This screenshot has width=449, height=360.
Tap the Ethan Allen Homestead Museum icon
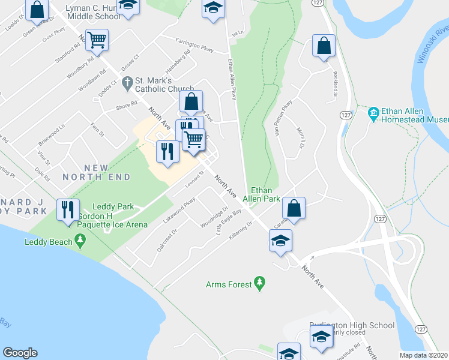(x=373, y=112)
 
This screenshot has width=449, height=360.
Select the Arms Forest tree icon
(x=259, y=281)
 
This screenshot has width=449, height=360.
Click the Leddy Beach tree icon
(x=79, y=242)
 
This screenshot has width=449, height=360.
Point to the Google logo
(x=20, y=353)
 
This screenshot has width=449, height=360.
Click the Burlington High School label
(x=352, y=326)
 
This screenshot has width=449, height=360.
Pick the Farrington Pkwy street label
(x=195, y=42)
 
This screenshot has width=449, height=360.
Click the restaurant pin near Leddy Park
(x=67, y=210)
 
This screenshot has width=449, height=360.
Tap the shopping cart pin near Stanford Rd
(x=96, y=40)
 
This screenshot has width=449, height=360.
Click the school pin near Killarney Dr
(x=280, y=241)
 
